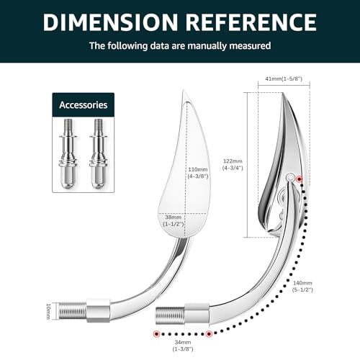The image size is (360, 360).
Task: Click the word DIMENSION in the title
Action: pyautogui.click(x=110, y=22)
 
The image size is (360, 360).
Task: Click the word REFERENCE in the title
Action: pyautogui.click(x=251, y=22)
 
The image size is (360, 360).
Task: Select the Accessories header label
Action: pyautogui.click(x=84, y=105)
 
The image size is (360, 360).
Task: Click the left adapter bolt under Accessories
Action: pyautogui.click(x=68, y=153)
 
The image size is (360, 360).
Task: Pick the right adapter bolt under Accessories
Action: pyautogui.click(x=99, y=153)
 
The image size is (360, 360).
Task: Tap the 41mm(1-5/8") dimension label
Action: pyautogui.click(x=284, y=78)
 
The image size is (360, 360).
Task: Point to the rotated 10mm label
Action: pyautogui.click(x=48, y=311)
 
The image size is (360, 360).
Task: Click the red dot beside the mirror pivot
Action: pyautogui.click(x=299, y=179)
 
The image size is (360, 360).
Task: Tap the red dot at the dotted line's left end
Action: pyautogui.click(x=157, y=333)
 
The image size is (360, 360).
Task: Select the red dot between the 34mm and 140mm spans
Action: pyautogui.click(x=209, y=333)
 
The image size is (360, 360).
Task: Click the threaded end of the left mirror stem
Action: pyautogui.click(x=73, y=311)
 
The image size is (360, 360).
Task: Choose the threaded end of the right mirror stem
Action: pyautogui.click(x=170, y=315)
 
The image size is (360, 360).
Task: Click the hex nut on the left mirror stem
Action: pyautogui.click(x=98, y=310)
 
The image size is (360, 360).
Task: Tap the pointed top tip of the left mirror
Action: pyautogui.click(x=184, y=90)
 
